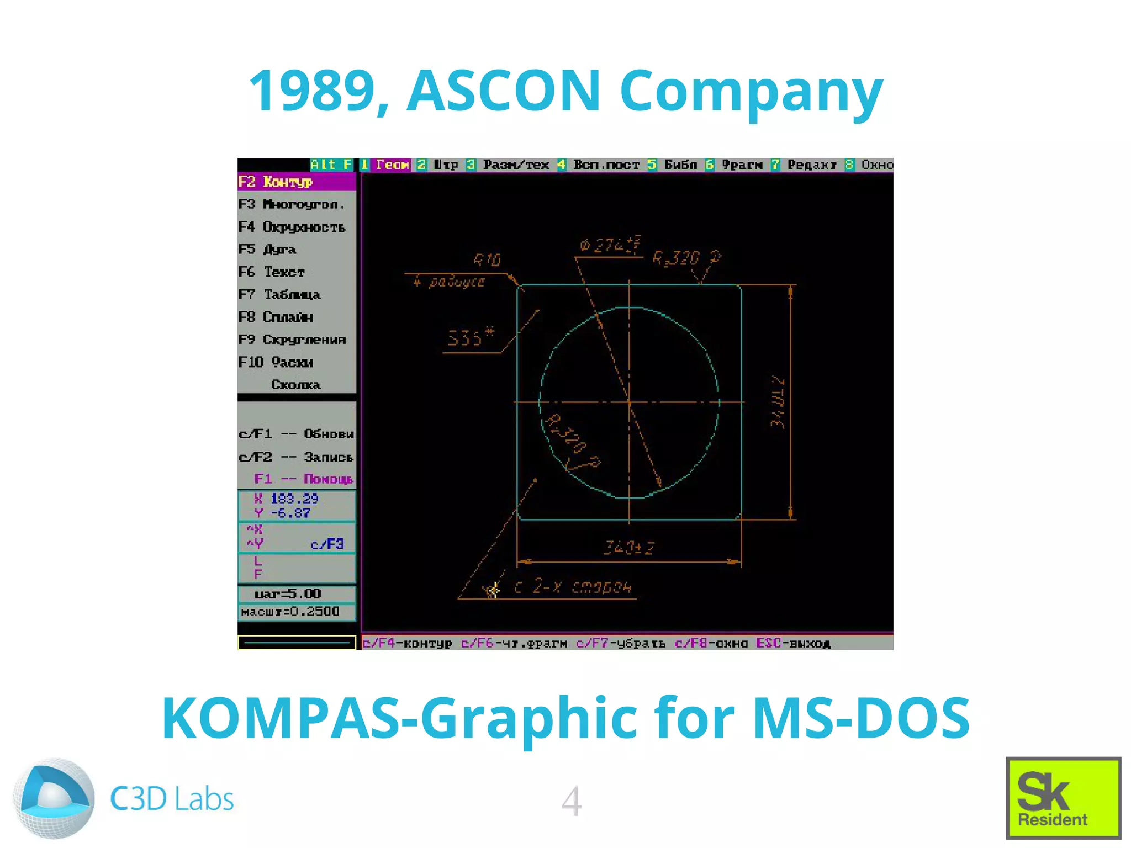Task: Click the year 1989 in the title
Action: point(313,91)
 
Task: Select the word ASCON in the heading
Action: point(503,91)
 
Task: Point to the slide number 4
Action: point(572,801)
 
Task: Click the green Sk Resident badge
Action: point(1063,797)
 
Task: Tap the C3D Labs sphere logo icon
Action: point(54,798)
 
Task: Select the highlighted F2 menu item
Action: point(297,182)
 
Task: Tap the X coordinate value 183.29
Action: point(294,499)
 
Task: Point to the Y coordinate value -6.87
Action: point(290,513)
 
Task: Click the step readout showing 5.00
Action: point(288,594)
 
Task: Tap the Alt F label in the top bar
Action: point(331,165)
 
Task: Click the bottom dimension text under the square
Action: point(628,548)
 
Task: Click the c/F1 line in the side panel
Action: point(296,434)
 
